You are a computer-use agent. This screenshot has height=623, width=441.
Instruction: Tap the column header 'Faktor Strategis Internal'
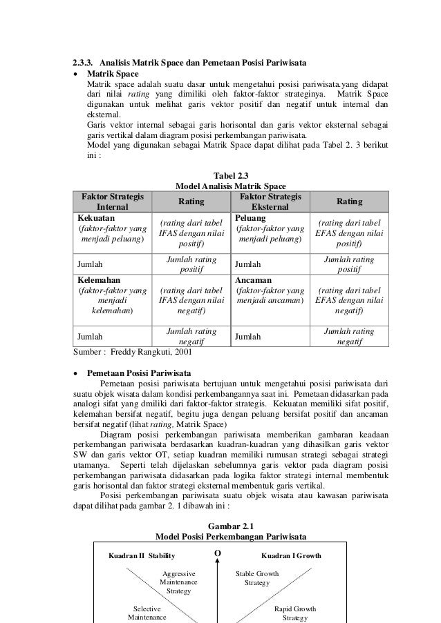click(x=112, y=201)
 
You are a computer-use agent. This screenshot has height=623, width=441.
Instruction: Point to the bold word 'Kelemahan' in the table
click(x=98, y=281)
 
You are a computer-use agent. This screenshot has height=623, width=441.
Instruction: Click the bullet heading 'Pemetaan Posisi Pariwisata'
click(x=138, y=373)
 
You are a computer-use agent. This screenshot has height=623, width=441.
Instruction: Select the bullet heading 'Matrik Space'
click(x=112, y=73)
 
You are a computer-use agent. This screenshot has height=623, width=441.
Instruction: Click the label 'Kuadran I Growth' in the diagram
click(x=291, y=555)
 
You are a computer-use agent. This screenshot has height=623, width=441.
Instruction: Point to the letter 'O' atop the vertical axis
click(x=218, y=554)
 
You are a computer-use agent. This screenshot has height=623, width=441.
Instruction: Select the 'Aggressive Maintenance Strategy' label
click(x=178, y=582)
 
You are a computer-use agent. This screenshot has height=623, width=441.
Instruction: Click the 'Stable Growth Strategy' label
click(x=257, y=578)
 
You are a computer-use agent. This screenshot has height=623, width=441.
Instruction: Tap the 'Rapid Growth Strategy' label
click(x=294, y=614)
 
